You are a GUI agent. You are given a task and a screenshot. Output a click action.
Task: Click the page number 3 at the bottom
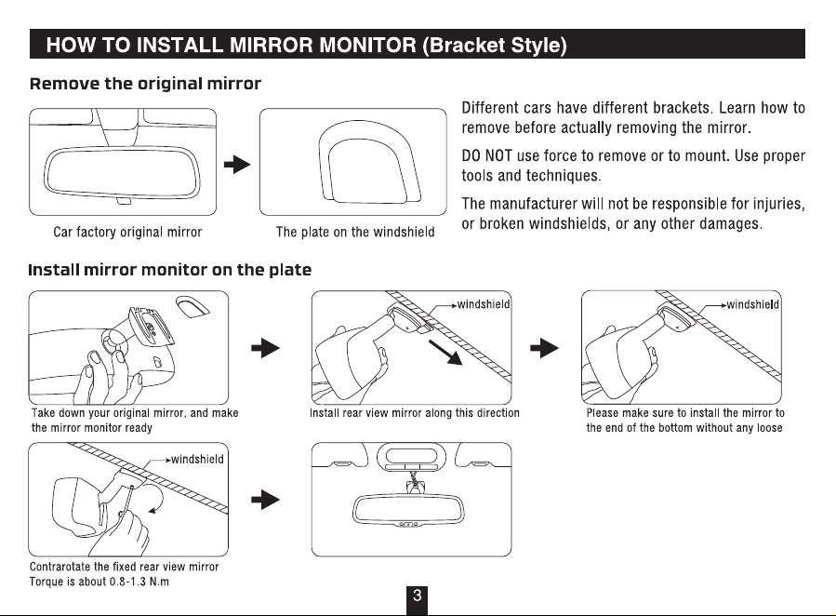tap(417, 596)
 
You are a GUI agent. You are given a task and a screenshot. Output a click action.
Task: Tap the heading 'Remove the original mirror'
tap(146, 84)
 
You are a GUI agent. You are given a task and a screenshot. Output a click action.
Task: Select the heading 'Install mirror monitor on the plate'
tap(169, 270)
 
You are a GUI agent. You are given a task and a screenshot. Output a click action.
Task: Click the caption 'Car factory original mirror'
tap(127, 232)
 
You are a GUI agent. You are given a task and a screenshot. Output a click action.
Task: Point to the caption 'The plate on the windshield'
tap(355, 232)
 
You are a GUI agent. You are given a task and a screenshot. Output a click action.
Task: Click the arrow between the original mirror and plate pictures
tap(237, 165)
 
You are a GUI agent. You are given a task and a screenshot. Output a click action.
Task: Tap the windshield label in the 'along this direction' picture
tap(484, 304)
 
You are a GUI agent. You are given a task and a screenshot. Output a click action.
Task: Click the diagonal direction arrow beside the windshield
tap(445, 353)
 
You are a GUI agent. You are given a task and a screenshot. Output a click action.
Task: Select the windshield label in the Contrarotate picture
tap(197, 459)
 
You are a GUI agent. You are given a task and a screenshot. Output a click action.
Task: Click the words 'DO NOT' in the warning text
tap(486, 156)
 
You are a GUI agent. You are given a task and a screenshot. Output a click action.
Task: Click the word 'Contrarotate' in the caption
tap(60, 567)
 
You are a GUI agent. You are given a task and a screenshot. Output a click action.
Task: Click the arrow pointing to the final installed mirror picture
tap(266, 500)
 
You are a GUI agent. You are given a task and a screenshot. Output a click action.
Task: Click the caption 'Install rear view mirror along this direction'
tap(414, 413)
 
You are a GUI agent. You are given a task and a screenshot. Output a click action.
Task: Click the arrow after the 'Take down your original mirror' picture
tap(266, 348)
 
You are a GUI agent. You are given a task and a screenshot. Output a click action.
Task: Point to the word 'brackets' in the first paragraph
tap(670, 108)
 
